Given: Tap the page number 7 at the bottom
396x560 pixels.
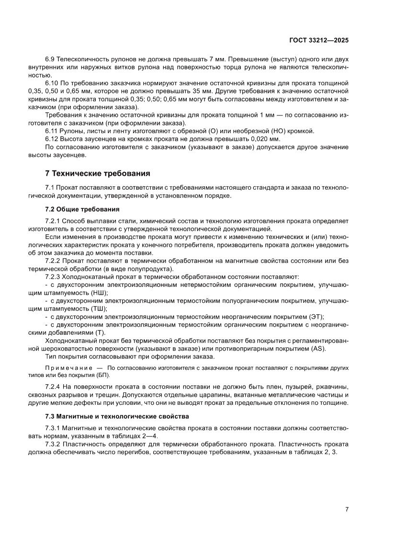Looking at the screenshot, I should click(x=346, y=509).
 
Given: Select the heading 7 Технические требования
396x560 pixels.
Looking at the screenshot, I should click(x=98, y=173).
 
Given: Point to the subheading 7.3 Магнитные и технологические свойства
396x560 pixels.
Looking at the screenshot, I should click(x=117, y=416).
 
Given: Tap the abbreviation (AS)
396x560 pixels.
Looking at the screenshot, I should click(x=318, y=348).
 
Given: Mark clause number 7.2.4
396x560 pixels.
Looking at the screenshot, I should click(x=55, y=387).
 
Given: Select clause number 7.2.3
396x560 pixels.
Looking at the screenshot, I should click(x=55, y=277).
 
